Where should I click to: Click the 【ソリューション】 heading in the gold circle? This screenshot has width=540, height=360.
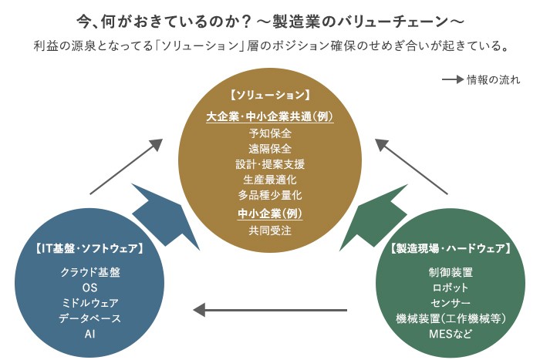pyautogui.click(x=270, y=96)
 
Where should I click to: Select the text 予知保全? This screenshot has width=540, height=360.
pyautogui.click(x=270, y=133)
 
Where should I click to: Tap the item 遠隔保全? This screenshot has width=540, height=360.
pyautogui.click(x=270, y=148)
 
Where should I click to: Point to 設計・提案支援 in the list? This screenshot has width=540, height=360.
pyautogui.click(x=270, y=164)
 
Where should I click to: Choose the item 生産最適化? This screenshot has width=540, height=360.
pyautogui.click(x=270, y=180)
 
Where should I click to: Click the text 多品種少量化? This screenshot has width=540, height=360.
pyautogui.click(x=270, y=195)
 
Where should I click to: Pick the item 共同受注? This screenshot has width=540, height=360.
pyautogui.click(x=270, y=230)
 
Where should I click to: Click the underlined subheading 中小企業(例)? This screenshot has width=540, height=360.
pyautogui.click(x=270, y=213)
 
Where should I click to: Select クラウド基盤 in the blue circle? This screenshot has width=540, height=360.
pyautogui.click(x=89, y=272)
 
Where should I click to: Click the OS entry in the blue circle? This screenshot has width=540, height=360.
pyautogui.click(x=89, y=288)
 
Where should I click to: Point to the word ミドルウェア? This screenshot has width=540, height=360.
pyautogui.click(x=89, y=303)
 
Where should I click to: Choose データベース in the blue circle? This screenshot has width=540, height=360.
pyautogui.click(x=89, y=318)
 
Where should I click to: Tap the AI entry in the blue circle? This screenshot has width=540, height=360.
pyautogui.click(x=89, y=334)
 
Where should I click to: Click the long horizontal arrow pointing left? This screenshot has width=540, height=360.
pyautogui.click(x=270, y=310)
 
